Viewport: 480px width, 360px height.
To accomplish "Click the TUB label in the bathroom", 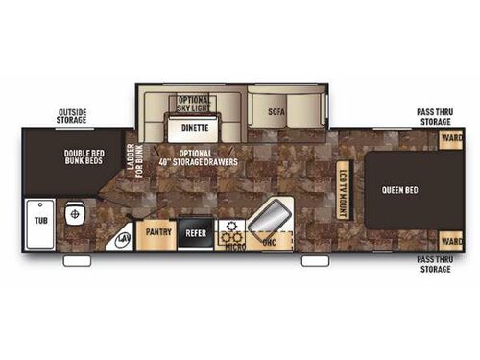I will [x=40, y=220].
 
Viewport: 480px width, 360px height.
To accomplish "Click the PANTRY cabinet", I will [x=157, y=231].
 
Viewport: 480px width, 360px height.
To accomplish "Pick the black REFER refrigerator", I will [x=196, y=231].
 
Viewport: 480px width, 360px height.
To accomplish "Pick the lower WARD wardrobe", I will [x=448, y=241].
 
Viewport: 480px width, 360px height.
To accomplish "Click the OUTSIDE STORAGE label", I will [x=72, y=116].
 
